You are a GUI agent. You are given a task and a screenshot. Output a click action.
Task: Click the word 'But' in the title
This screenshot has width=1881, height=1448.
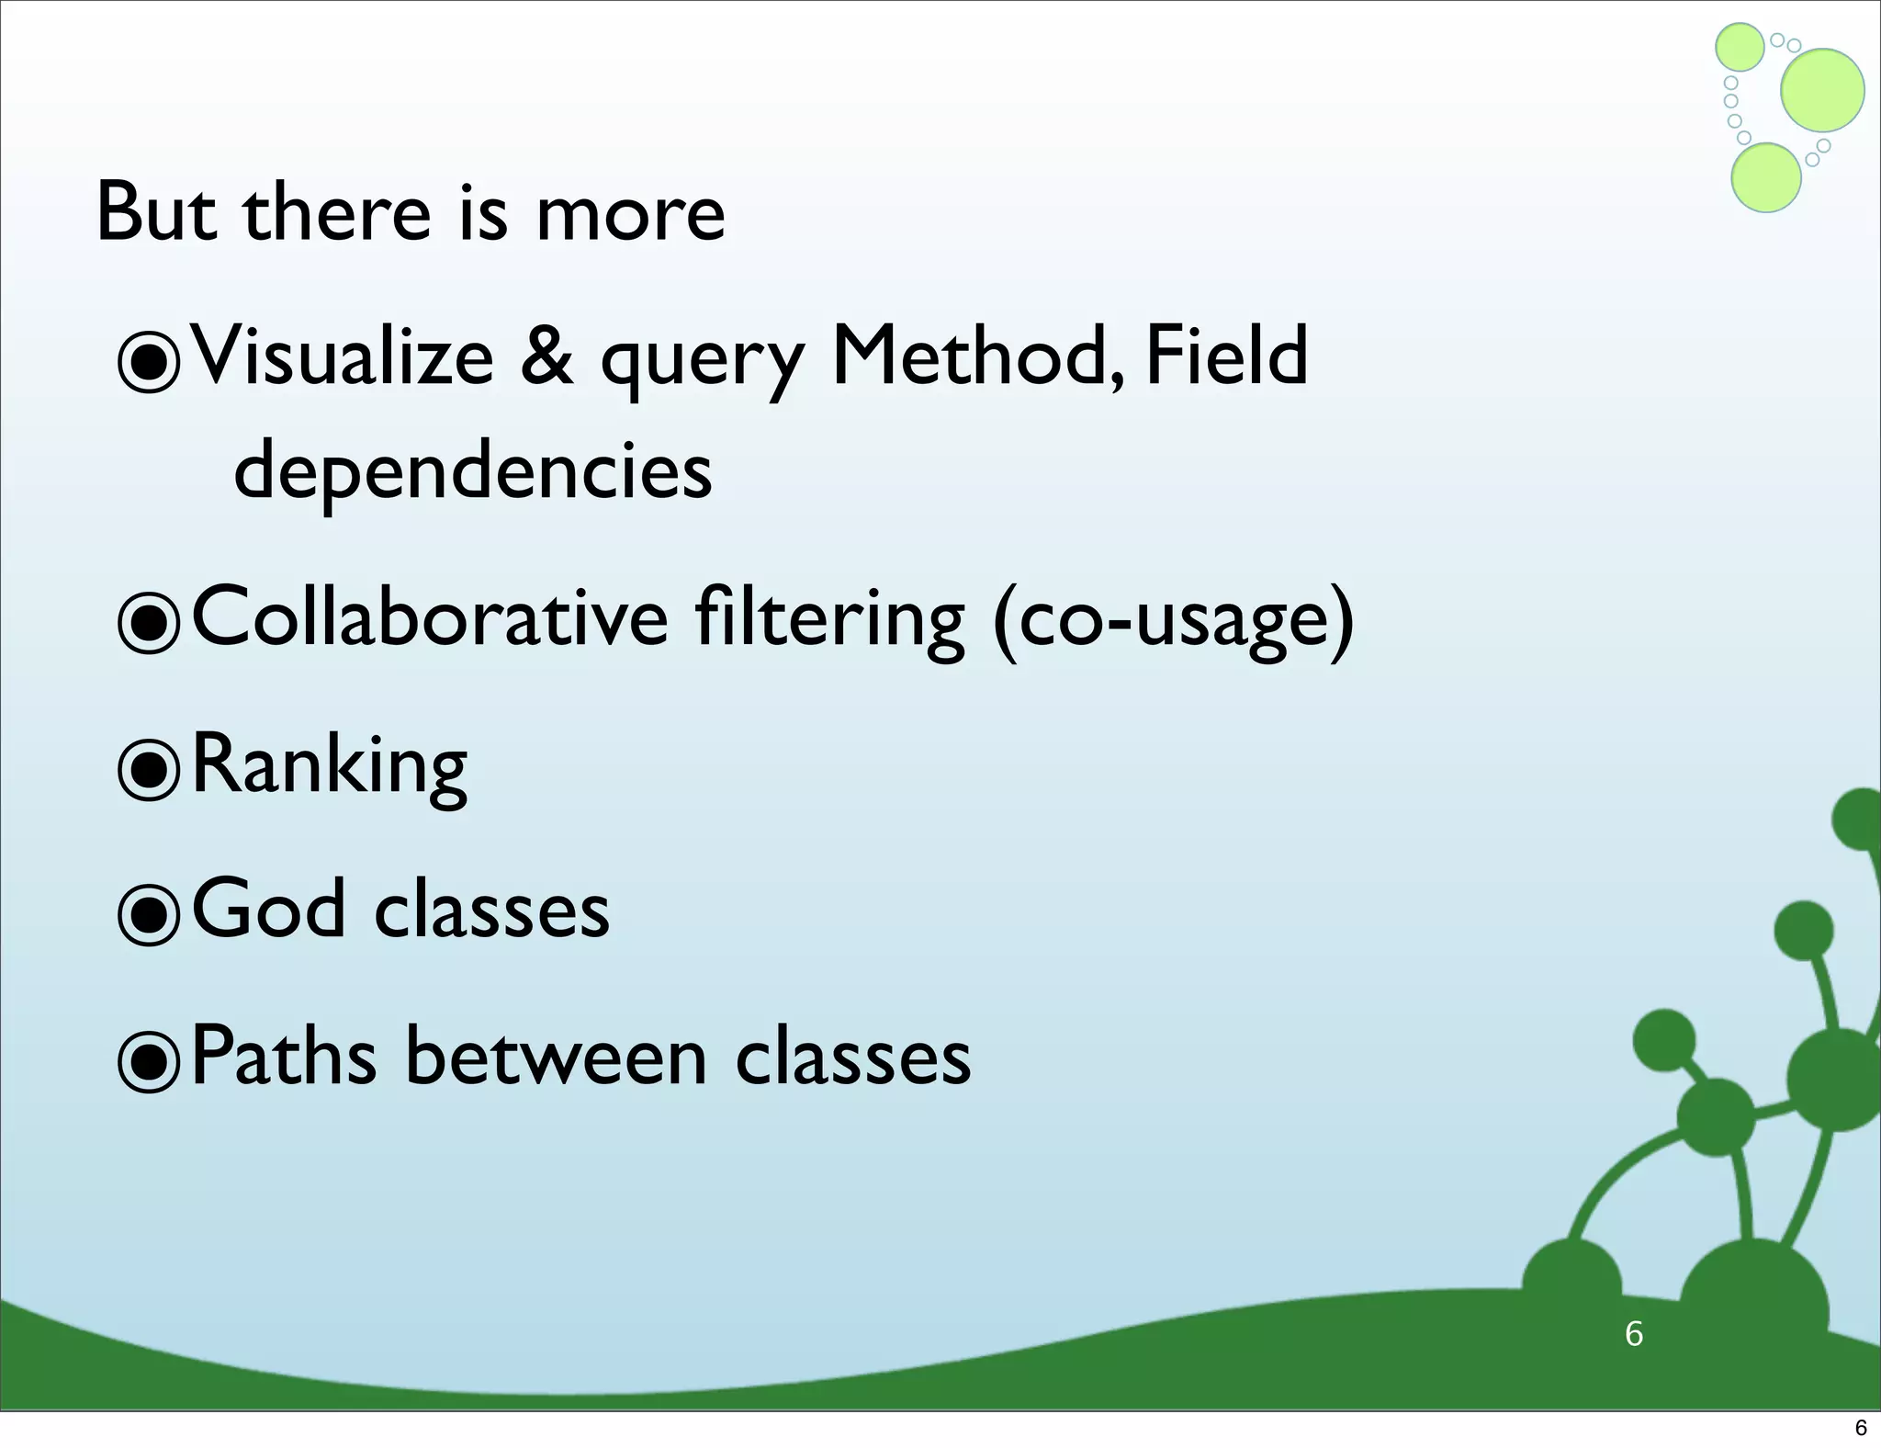pos(156,212)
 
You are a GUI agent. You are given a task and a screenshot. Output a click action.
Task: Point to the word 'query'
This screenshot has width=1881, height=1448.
pos(703,363)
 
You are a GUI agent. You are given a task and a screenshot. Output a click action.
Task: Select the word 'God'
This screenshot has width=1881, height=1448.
pos(268,909)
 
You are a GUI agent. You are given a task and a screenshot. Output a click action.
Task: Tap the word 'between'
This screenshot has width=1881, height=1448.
pos(556,1056)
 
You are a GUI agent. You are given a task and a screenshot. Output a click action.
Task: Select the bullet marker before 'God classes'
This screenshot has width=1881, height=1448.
pos(149,914)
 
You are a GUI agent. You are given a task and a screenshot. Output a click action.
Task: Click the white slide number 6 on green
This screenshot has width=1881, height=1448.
pos(1634,1333)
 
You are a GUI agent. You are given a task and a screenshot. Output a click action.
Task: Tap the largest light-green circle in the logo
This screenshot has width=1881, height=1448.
pos(1822,90)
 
